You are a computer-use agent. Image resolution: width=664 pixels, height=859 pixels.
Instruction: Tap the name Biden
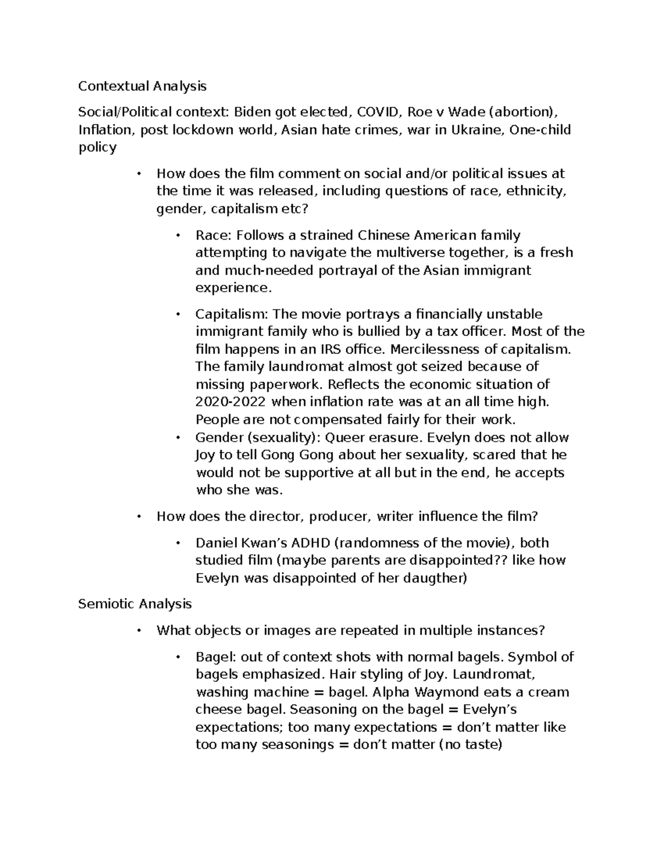[x=252, y=112]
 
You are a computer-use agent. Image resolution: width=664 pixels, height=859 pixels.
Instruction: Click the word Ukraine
[x=476, y=130]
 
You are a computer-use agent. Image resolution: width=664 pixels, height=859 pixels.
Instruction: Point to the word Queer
[x=345, y=438]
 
